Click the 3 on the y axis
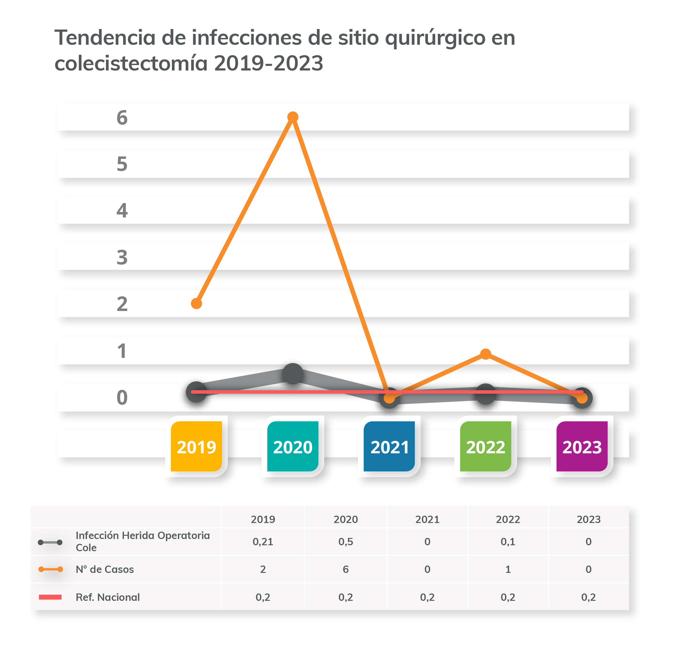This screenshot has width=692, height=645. tap(122, 258)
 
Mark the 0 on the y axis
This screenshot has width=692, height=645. tap(122, 397)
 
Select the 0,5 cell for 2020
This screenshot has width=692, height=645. tap(346, 541)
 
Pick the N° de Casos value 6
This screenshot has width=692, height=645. tap(346, 569)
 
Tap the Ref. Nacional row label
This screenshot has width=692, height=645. tap(107, 597)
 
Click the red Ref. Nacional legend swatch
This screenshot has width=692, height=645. tap(50, 597)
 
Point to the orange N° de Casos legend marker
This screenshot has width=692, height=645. tap(50, 569)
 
